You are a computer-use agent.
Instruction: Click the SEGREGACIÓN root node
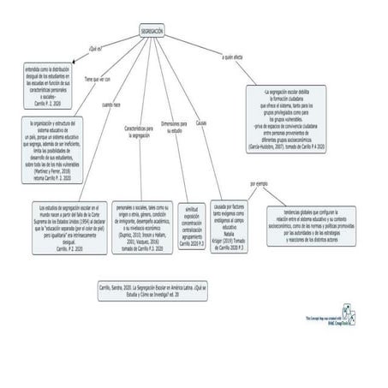point(152,30)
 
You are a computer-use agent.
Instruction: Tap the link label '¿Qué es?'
point(95,50)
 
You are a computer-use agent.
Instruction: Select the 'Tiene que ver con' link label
point(97,78)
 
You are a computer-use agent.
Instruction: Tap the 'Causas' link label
point(200,123)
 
